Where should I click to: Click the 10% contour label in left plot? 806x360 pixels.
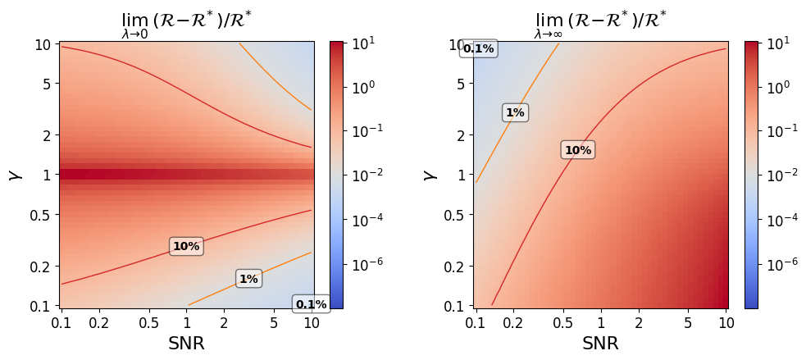(x=186, y=246)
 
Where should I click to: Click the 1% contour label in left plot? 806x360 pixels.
(x=248, y=279)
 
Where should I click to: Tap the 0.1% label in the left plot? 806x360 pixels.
(x=311, y=304)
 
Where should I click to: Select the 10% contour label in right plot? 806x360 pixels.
(x=577, y=150)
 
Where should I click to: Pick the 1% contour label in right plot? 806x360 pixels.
(x=515, y=112)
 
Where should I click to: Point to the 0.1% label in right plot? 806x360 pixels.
(x=478, y=48)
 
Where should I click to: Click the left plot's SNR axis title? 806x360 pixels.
(x=186, y=344)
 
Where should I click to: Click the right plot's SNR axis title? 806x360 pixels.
(x=600, y=344)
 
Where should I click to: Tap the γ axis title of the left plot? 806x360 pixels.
(x=14, y=175)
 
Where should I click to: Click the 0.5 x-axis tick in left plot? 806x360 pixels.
(x=148, y=323)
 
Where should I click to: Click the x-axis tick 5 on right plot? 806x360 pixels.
(x=689, y=323)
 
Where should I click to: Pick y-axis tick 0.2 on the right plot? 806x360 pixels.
(x=454, y=267)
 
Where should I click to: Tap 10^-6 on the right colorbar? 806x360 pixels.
(x=776, y=265)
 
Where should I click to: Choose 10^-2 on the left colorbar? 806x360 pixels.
(x=362, y=175)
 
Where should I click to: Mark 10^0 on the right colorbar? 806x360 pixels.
(x=776, y=86)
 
